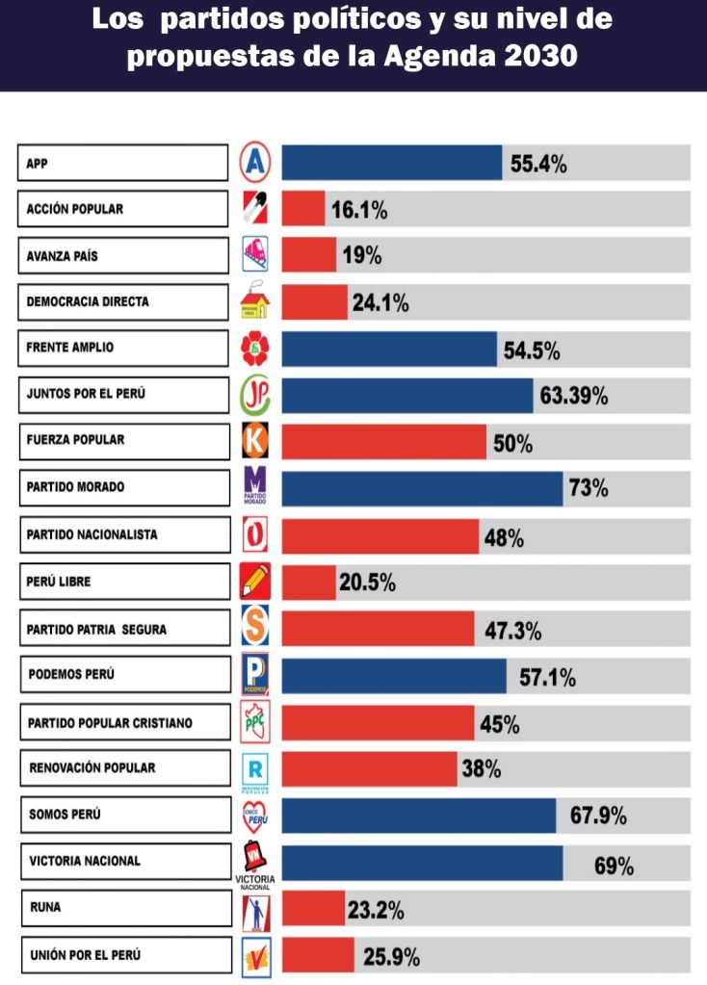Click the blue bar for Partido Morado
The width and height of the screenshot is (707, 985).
[x=422, y=488]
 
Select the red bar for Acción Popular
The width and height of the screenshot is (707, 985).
[x=303, y=209]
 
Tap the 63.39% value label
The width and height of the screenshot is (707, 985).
[x=573, y=396]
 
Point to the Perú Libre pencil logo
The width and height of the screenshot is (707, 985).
[x=255, y=582]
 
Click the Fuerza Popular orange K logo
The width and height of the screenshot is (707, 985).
[x=255, y=441]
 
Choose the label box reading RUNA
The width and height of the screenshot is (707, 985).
[x=124, y=907]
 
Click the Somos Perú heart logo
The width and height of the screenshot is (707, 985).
[x=255, y=816]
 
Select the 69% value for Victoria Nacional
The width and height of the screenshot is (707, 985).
[x=614, y=866]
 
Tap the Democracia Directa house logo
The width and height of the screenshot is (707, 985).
[x=255, y=302]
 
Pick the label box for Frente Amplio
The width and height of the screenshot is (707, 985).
[x=124, y=348]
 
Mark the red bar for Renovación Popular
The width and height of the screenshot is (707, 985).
[x=369, y=768]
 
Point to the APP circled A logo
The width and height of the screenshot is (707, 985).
[x=255, y=163]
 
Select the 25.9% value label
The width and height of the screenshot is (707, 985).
[x=391, y=957]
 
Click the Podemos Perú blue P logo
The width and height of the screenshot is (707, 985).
[x=255, y=675]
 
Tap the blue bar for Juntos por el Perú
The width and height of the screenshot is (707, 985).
[x=407, y=396]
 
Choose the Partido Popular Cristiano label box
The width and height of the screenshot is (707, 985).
[x=124, y=723]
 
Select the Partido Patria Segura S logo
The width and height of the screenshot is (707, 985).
[x=255, y=628]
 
